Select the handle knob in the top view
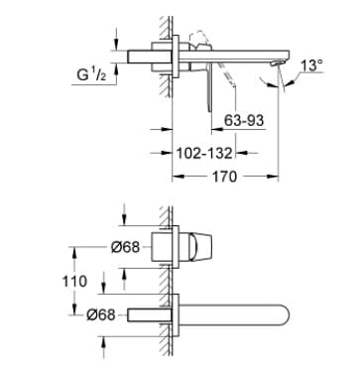[x=199, y=245]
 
